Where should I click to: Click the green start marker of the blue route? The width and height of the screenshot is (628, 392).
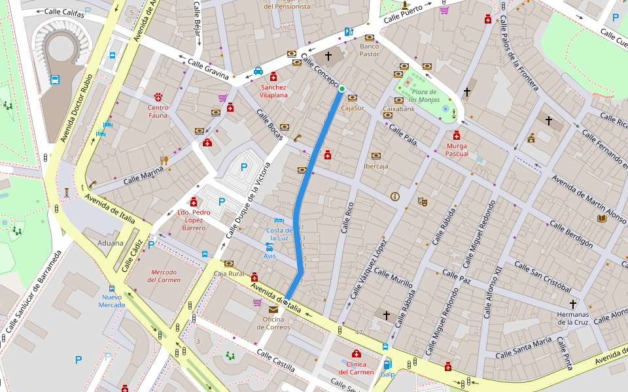tap(341, 89)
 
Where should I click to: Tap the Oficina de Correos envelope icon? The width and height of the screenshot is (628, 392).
tap(273, 308)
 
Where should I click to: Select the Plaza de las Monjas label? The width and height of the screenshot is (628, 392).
tap(423, 96)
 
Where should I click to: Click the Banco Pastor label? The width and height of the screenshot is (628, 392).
tap(370, 50)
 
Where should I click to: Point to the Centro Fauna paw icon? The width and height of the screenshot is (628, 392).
tap(158, 97)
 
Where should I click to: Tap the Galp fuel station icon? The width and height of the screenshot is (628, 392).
tap(387, 364)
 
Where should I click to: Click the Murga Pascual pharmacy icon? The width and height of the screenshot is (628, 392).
tap(457, 135)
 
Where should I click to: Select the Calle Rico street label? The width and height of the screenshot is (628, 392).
tap(347, 218)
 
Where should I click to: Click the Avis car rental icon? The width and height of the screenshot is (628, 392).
tap(270, 247)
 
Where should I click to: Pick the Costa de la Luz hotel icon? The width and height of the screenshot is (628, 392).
tap(279, 221)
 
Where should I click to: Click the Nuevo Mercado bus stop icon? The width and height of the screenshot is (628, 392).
tap(112, 288)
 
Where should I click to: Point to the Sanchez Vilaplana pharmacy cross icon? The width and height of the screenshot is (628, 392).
tap(273, 76)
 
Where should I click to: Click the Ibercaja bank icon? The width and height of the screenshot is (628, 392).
tap(376, 155)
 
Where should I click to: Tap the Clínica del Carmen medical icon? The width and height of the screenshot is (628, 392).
tap(357, 353)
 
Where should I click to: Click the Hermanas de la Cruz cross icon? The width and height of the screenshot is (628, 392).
tap(573, 304)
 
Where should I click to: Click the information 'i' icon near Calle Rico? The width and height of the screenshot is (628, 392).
tap(394, 196)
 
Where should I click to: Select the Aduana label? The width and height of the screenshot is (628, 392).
tap(111, 243)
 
